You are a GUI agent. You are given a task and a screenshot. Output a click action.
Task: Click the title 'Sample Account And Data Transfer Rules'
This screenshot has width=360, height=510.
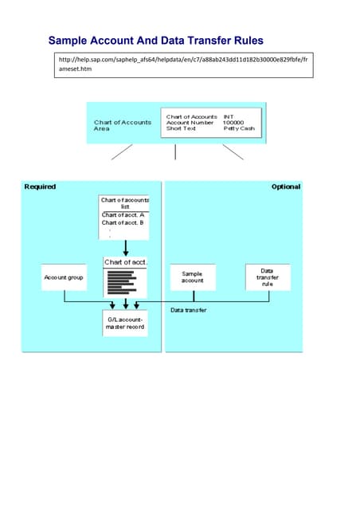coord(155,41)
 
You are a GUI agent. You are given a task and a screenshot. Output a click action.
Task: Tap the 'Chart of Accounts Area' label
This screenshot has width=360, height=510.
coord(122,125)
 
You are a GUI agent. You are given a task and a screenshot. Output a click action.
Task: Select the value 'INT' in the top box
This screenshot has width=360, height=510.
coord(228,116)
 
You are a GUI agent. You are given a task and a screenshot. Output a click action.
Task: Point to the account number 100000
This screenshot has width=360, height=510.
coord(233,122)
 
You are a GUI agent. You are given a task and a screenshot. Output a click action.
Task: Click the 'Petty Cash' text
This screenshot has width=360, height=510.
coord(238,128)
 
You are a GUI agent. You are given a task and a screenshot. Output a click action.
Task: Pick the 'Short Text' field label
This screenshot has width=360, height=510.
coord(181,128)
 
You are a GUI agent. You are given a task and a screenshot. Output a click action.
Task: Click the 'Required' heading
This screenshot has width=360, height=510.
coord(40,186)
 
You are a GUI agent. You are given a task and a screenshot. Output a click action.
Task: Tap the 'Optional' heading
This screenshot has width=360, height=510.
coord(285,186)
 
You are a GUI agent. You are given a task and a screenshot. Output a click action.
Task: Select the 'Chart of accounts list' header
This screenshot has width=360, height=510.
coord(125,203)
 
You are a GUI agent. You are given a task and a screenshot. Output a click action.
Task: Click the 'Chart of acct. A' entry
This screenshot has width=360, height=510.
coord(123,215)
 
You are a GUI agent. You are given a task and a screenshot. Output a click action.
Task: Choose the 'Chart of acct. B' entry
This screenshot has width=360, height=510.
coord(123,222)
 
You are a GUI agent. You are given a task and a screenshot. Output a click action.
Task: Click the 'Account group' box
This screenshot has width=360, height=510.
coord(64,277)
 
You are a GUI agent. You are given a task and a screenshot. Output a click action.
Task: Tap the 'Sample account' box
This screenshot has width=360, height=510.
coord(193,277)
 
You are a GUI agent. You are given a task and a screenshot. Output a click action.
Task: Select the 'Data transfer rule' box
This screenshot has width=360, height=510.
coord(268,277)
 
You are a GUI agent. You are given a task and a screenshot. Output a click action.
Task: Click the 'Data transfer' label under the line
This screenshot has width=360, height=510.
coord(189,309)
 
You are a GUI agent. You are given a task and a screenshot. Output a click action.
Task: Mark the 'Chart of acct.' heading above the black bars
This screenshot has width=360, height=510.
coord(125,262)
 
